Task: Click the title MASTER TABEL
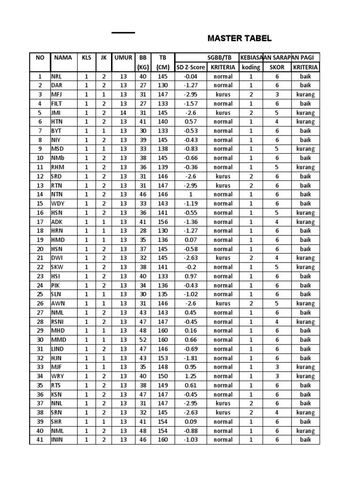point(240,38)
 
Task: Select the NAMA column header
point(63,58)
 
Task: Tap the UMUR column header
point(123,58)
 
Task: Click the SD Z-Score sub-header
point(190,67)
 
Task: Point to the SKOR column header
point(277,67)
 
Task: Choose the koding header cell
point(251,67)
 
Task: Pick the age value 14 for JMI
point(123,112)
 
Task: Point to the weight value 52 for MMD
point(143,340)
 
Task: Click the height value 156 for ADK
point(163,222)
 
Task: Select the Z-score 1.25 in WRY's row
point(190,376)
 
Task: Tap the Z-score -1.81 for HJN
point(190,358)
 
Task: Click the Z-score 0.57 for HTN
point(190,122)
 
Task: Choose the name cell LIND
point(57,349)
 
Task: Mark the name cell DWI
point(56,258)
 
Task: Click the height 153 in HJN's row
point(163,358)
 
